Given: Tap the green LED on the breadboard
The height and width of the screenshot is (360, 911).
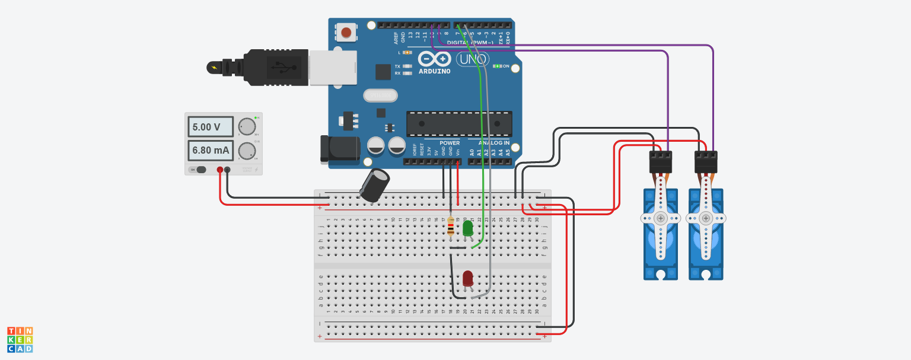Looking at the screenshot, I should click(x=467, y=228).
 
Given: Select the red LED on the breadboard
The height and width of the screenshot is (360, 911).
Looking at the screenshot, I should click(x=468, y=278).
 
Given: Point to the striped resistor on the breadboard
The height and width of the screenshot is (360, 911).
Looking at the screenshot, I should click(x=451, y=227).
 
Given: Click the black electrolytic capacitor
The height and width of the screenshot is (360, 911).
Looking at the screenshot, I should click(x=375, y=184).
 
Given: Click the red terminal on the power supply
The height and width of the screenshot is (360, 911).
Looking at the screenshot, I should click(x=220, y=170).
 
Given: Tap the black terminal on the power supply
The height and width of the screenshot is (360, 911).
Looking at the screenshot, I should click(x=227, y=170).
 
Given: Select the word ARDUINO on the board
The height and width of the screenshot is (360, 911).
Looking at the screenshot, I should click(x=435, y=71).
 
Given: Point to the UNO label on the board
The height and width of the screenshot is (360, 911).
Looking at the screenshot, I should click(x=472, y=59).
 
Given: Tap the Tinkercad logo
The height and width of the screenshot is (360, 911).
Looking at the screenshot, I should click(x=20, y=339).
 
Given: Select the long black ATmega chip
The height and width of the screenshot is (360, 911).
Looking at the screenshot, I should click(x=458, y=123).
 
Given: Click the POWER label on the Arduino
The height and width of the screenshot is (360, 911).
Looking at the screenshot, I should click(x=450, y=143).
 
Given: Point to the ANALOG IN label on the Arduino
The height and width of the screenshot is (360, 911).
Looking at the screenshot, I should click(x=494, y=143).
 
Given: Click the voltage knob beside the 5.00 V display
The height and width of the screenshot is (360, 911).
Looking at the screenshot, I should click(x=246, y=127).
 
